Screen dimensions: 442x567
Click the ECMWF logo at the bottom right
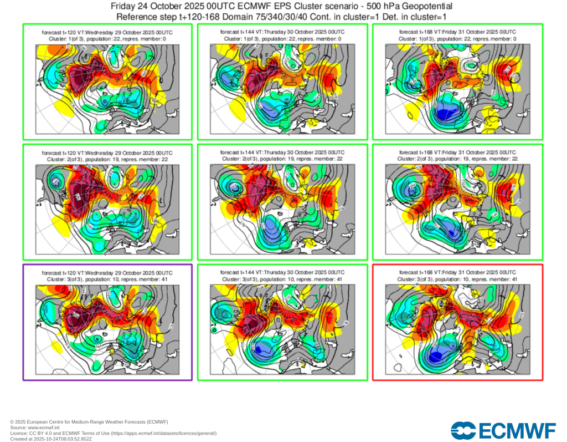[503, 430]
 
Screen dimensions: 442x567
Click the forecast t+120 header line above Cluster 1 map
[108, 33]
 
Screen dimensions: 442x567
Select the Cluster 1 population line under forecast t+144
[282, 39]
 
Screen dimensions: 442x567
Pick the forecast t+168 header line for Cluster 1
[457, 32]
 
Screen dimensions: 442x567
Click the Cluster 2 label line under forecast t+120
[108, 159]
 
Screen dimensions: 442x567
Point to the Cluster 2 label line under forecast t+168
[457, 159]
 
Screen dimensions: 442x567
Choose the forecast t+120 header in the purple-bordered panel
[108, 273]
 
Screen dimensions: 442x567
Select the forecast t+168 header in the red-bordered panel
[457, 273]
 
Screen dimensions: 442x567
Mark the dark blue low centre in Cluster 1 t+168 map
[443, 114]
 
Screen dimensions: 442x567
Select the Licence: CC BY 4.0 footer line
[113, 433]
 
